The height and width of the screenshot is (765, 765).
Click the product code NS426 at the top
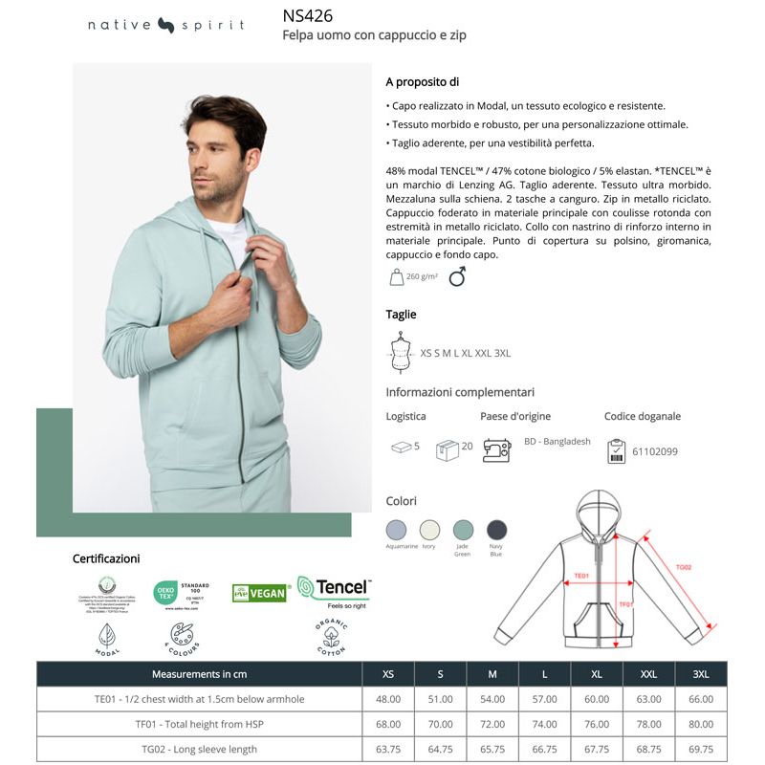pyautogui.click(x=307, y=15)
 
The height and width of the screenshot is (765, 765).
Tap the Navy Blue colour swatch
pyautogui.click(x=496, y=530)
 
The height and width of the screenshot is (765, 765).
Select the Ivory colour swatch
pyautogui.click(x=430, y=530)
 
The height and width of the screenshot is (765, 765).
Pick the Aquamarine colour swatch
pyautogui.click(x=396, y=530)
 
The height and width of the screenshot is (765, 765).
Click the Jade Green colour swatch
pyautogui.click(x=463, y=530)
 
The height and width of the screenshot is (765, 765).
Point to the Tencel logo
pyautogui.click(x=333, y=590)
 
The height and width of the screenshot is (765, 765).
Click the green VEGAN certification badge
pyautogui.click(x=259, y=593)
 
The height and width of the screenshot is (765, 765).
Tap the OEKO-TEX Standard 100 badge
pyautogui.click(x=182, y=593)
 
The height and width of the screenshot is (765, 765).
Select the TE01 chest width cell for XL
pyautogui.click(x=597, y=699)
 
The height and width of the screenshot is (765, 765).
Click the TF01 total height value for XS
pyautogui.click(x=388, y=724)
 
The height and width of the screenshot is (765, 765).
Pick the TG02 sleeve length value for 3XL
pyautogui.click(x=701, y=749)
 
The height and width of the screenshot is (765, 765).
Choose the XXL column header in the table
pyautogui.click(x=648, y=674)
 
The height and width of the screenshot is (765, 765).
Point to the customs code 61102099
pyautogui.click(x=655, y=451)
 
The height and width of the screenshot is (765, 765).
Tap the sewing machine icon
pyautogui.click(x=496, y=449)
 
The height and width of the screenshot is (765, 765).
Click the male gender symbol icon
pyautogui.click(x=457, y=276)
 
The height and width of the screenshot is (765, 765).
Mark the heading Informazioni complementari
pyautogui.click(x=460, y=392)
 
